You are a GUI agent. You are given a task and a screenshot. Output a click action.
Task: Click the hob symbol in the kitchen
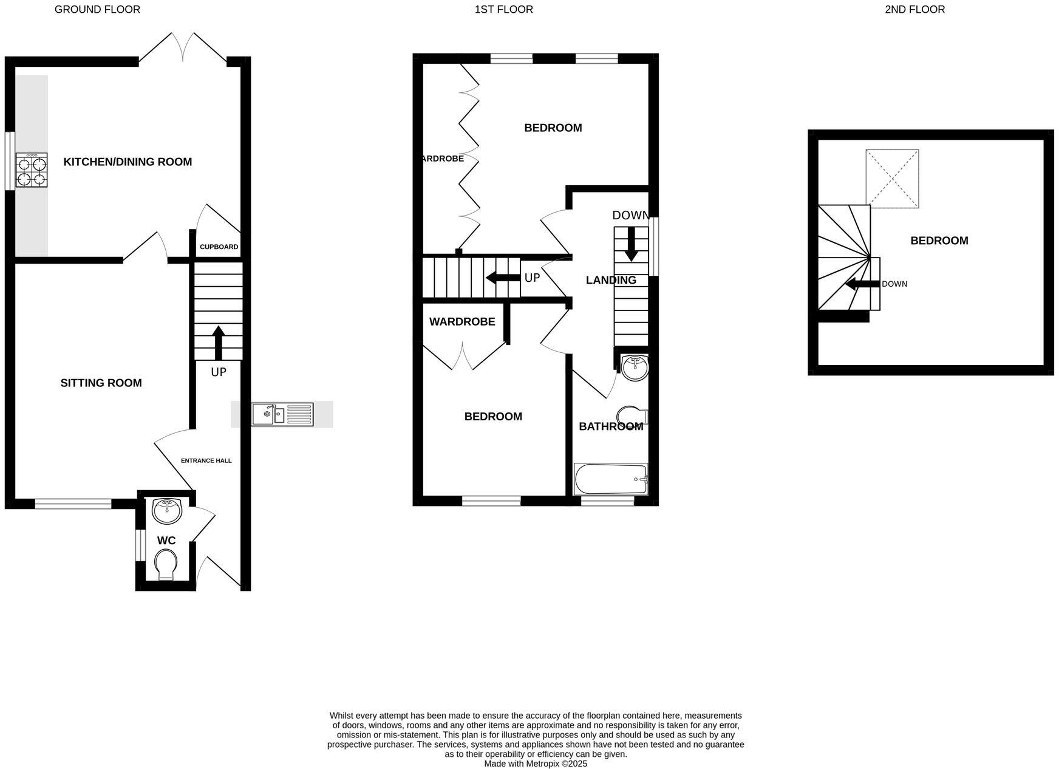32,171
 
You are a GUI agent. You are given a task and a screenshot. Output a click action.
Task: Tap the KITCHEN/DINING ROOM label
128,162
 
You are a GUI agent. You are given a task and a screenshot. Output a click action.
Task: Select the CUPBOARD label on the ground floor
219,247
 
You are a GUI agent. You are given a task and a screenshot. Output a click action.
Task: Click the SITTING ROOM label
101,383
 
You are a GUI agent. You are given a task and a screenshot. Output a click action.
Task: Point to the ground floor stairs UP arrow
218,343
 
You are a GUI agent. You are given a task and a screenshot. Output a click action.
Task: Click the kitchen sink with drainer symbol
282,414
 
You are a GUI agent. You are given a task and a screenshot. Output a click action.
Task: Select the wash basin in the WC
166,511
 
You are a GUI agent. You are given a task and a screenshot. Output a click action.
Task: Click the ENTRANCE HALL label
206,460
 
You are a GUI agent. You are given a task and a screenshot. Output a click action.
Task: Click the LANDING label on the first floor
611,280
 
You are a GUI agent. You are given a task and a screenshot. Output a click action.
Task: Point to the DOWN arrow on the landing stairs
631,244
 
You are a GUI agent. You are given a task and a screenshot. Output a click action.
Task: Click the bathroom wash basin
635,367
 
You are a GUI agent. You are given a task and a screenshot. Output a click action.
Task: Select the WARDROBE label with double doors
462,322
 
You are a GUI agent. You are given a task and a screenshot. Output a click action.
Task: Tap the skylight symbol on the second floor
891,179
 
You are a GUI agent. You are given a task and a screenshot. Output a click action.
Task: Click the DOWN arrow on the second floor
862,284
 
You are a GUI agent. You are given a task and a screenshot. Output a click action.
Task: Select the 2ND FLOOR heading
914,9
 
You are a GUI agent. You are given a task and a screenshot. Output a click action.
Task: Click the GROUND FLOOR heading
97,9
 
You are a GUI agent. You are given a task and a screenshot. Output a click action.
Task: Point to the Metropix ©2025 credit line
535,764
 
